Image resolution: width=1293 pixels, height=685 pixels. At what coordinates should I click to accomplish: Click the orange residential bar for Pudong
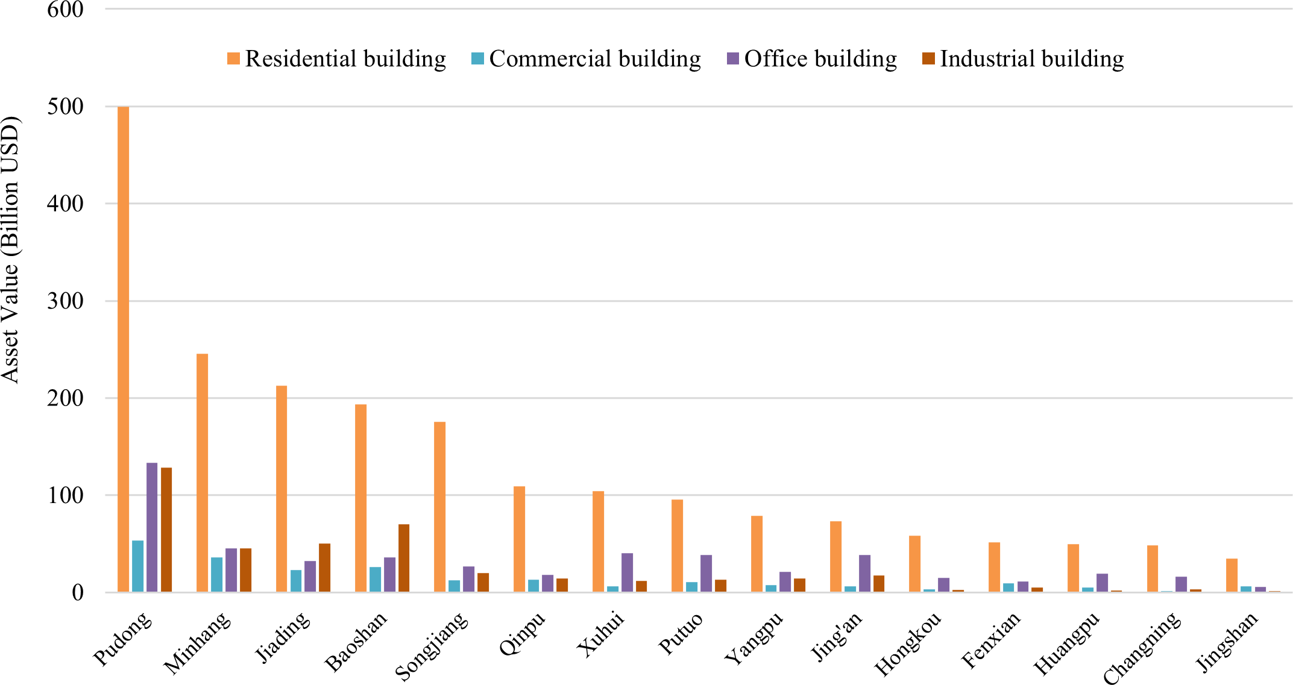pyautogui.click(x=123, y=349)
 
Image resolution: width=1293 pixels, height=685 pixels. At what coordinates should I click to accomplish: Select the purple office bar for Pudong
pyautogui.click(x=152, y=527)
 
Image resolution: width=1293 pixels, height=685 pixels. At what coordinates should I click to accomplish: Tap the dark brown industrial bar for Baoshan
pyautogui.click(x=404, y=558)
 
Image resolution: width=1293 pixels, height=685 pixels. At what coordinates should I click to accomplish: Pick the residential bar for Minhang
pyautogui.click(x=202, y=473)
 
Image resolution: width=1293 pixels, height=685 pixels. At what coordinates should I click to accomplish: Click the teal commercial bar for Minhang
pyautogui.click(x=216, y=575)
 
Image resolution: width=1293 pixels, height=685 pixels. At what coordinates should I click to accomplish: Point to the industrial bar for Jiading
pyautogui.click(x=325, y=568)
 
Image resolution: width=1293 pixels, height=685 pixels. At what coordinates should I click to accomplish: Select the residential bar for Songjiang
pyautogui.click(x=439, y=507)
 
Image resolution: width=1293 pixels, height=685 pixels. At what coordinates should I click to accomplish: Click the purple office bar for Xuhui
pyautogui.click(x=627, y=572)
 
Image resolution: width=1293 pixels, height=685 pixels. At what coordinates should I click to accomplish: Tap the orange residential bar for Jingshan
pyautogui.click(x=1232, y=575)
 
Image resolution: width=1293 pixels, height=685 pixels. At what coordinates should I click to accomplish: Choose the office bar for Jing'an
pyautogui.click(x=864, y=574)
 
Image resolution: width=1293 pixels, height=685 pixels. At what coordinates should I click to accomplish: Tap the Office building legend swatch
pyautogui.click(x=733, y=59)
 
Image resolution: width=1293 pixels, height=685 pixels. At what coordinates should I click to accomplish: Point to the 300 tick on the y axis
pyautogui.click(x=65, y=301)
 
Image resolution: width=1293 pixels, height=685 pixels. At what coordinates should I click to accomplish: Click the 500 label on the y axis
pyautogui.click(x=65, y=107)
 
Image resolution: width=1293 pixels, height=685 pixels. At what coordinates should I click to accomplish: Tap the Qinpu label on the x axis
pyautogui.click(x=522, y=634)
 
